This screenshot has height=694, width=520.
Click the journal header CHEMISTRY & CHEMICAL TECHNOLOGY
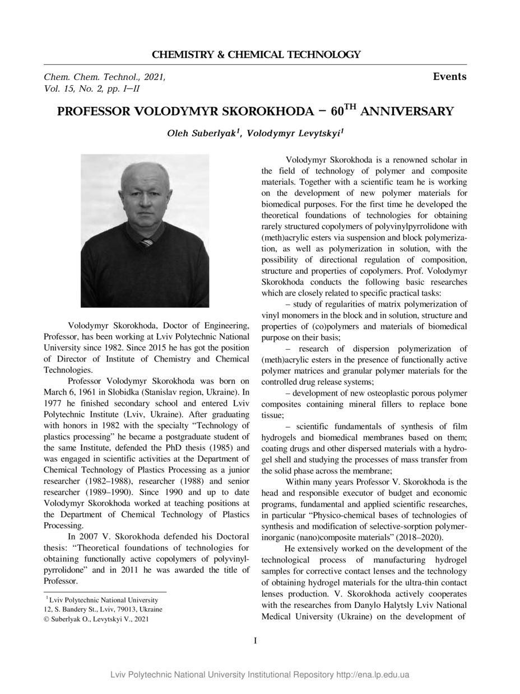[256, 55]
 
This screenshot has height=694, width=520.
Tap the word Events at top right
[449, 77]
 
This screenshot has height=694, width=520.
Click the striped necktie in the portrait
[146, 242]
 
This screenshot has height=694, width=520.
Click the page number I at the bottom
[256, 640]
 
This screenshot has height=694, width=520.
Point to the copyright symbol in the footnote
[47, 619]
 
